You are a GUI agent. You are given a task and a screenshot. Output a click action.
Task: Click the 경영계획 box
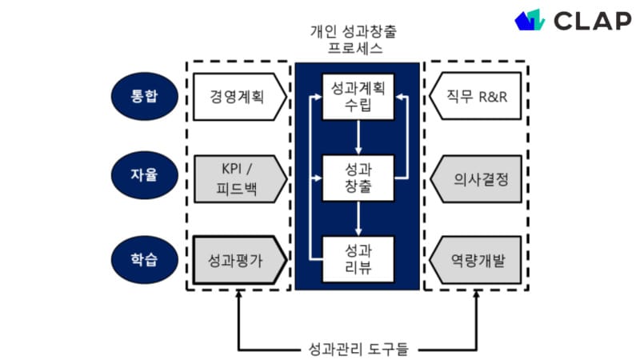(238, 97)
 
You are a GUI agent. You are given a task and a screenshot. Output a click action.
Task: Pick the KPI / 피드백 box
(238, 178)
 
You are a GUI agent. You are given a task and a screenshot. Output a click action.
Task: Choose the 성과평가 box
(238, 260)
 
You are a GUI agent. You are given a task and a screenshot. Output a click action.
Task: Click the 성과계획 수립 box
(358, 97)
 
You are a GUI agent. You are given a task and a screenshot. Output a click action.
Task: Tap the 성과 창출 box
(358, 178)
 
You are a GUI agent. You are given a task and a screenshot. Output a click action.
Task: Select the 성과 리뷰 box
(358, 258)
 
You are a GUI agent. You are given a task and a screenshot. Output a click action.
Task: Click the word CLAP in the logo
(591, 22)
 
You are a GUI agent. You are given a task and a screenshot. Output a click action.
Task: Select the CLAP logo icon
(530, 20)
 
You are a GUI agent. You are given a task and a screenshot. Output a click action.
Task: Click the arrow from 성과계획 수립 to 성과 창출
(358, 138)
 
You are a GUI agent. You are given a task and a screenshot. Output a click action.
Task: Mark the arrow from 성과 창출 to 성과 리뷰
(358, 218)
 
